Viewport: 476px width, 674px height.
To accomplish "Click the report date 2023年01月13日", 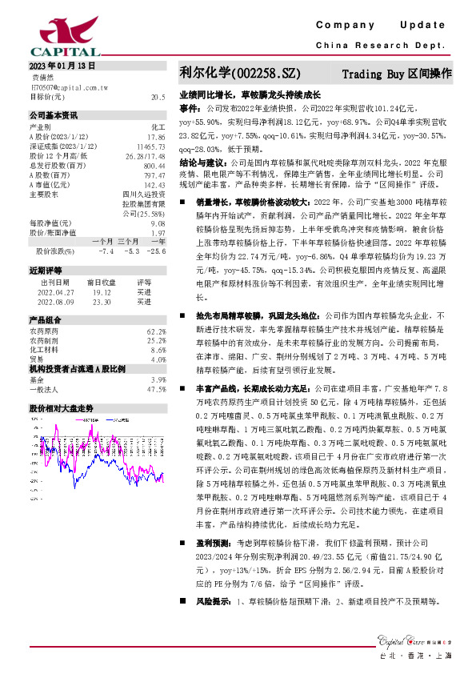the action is coord(62,65).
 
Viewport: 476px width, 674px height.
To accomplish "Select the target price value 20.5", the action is coord(158,96).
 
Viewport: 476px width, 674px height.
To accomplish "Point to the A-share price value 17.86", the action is coord(157,136).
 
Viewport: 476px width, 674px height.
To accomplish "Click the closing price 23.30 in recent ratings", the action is coord(102,302).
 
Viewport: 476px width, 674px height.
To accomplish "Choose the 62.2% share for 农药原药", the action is coord(157,331).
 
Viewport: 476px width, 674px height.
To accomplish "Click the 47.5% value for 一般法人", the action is coord(157,389).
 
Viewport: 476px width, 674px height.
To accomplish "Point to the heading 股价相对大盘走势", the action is coord(62,407).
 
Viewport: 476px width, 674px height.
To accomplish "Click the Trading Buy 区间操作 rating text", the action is coord(398,74).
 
